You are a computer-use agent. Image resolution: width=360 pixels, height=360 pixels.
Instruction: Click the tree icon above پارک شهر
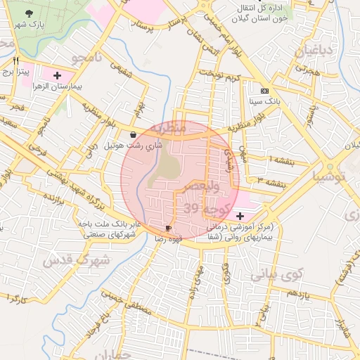(x=29, y=13)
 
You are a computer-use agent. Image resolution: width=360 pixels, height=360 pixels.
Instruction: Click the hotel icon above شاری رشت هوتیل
(x=134, y=134)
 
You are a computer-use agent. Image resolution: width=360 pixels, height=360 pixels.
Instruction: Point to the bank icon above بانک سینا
(x=264, y=91)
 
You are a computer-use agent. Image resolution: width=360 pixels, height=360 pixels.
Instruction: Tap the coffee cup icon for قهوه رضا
(x=168, y=229)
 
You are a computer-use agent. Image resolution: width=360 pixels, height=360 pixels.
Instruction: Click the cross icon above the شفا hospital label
(x=240, y=214)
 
